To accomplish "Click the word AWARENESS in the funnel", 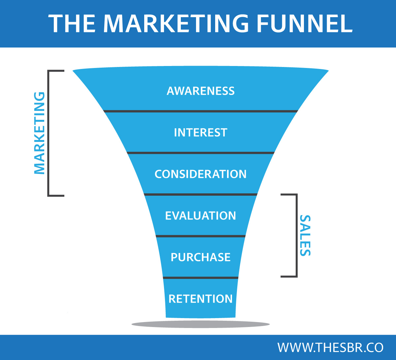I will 201,91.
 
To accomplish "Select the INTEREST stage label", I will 201,132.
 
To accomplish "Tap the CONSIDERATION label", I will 201,174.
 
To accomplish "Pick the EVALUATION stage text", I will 201,215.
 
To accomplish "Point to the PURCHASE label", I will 201,257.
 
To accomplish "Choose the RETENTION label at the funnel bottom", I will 201,299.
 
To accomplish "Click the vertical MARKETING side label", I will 39,133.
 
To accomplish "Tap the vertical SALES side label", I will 305,235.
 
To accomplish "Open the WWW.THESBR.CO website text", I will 330,347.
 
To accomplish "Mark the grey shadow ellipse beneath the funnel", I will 201,324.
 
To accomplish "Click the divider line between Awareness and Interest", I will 201,111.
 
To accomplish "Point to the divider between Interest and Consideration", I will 201,153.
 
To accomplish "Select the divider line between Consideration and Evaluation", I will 201,194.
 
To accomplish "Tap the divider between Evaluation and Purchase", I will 201,236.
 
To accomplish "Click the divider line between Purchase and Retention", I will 201,278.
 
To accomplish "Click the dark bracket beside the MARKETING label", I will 49,133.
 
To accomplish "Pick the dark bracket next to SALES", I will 296,235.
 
